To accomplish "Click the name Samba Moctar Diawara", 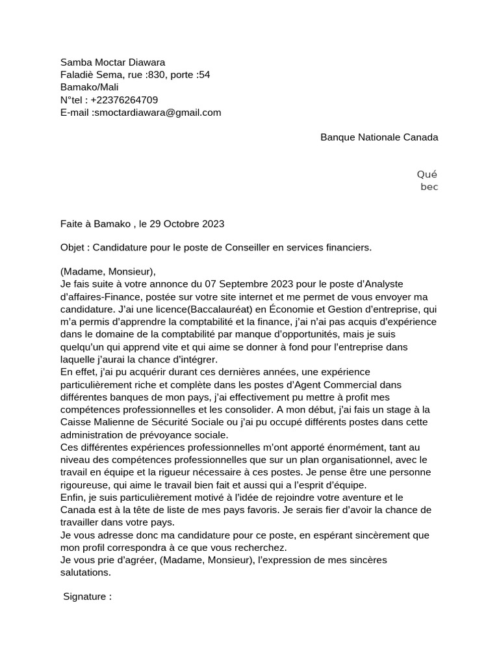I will pyautogui.click(x=112, y=62).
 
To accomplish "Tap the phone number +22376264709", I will pyautogui.click(x=124, y=100).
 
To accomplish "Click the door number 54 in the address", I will pyautogui.click(x=204, y=75).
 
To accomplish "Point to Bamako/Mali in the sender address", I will pyautogui.click(x=90, y=87).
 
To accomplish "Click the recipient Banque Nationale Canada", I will pyautogui.click(x=379, y=137).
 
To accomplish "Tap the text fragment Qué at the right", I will pyautogui.click(x=427, y=174).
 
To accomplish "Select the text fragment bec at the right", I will pyautogui.click(x=429, y=187).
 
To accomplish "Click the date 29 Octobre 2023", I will pyautogui.click(x=186, y=224).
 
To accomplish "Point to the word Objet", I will pyautogui.click(x=73, y=247).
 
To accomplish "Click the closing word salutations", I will pyautogui.click(x=85, y=572).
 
